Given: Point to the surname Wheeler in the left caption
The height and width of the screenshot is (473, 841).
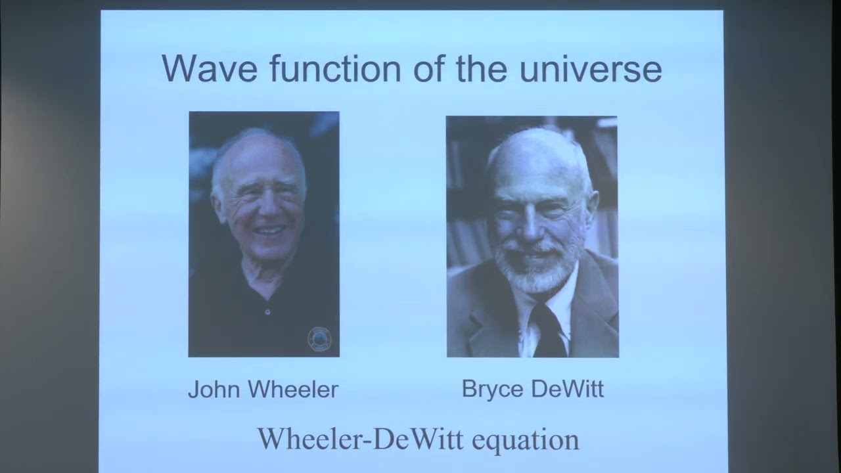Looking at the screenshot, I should pyautogui.click(x=291, y=390).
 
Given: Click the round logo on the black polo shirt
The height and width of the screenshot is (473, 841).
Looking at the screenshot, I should pyautogui.click(x=319, y=338).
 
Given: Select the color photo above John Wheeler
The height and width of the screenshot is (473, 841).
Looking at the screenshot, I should pyautogui.click(x=263, y=234).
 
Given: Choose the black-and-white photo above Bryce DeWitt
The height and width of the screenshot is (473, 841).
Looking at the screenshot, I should pyautogui.click(x=532, y=236).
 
